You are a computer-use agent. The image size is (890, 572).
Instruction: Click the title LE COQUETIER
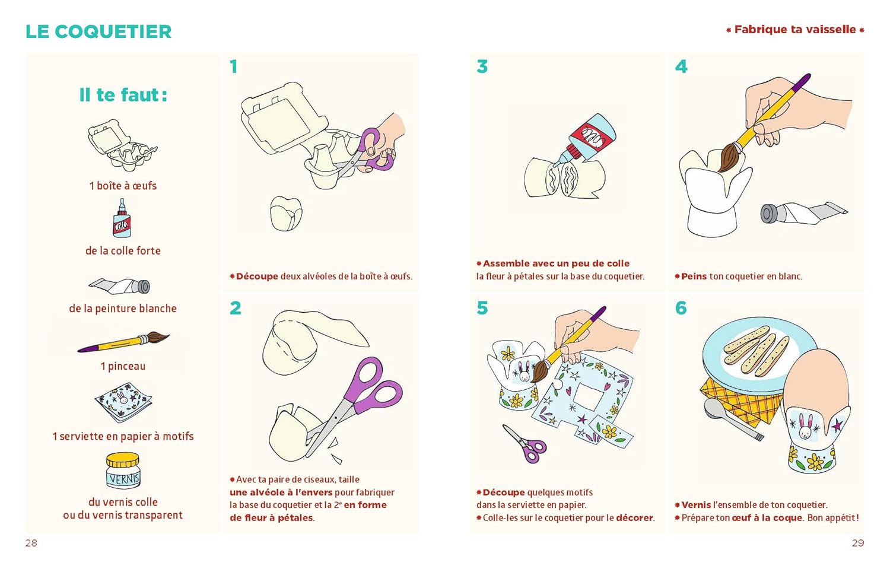98,32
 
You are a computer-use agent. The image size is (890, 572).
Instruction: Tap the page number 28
31,543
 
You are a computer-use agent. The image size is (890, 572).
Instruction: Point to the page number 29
858,543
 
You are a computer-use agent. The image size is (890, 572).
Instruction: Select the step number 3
482,66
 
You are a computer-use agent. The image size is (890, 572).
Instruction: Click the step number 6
681,308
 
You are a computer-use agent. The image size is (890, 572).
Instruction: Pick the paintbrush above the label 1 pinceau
123,342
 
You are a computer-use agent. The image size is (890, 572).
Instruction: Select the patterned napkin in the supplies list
123,402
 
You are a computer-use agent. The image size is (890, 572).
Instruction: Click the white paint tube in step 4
803,213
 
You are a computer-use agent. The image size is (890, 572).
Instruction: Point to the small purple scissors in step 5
525,444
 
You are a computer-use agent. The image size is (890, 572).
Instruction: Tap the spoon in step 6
733,419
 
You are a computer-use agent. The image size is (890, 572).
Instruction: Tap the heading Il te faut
123,95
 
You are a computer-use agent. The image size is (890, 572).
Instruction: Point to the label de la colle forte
123,250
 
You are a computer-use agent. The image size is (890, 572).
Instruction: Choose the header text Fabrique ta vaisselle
795,30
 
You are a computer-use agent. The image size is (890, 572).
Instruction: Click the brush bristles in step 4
729,157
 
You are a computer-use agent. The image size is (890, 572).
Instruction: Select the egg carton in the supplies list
123,145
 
